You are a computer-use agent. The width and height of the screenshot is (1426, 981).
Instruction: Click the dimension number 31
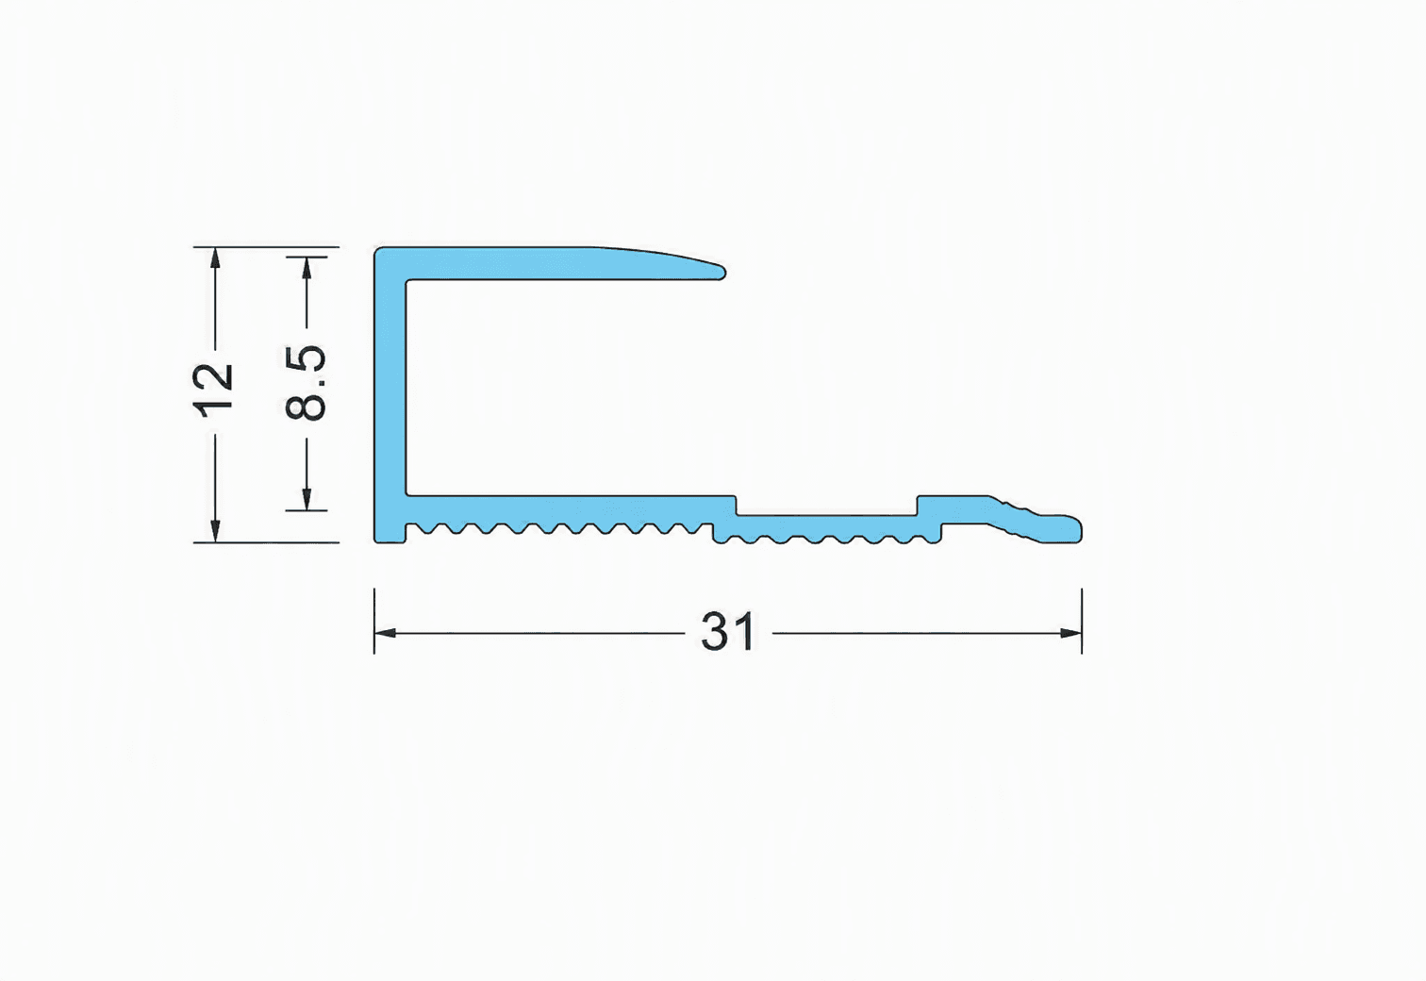click(728, 631)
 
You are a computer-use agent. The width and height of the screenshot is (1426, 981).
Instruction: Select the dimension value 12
click(213, 391)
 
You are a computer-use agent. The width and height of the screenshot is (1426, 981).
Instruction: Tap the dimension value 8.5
click(306, 382)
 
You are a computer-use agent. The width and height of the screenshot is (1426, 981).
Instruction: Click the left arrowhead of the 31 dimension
click(385, 633)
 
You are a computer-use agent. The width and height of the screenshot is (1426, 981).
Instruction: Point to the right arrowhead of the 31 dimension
click(1070, 633)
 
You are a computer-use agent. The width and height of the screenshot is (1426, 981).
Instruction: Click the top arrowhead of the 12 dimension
click(215, 258)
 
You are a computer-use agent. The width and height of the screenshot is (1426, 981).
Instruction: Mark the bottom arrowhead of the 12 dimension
click(215, 532)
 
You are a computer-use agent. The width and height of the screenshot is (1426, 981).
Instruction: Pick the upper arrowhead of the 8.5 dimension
click(307, 268)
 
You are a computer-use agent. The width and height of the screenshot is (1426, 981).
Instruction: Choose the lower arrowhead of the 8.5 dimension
click(307, 499)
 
